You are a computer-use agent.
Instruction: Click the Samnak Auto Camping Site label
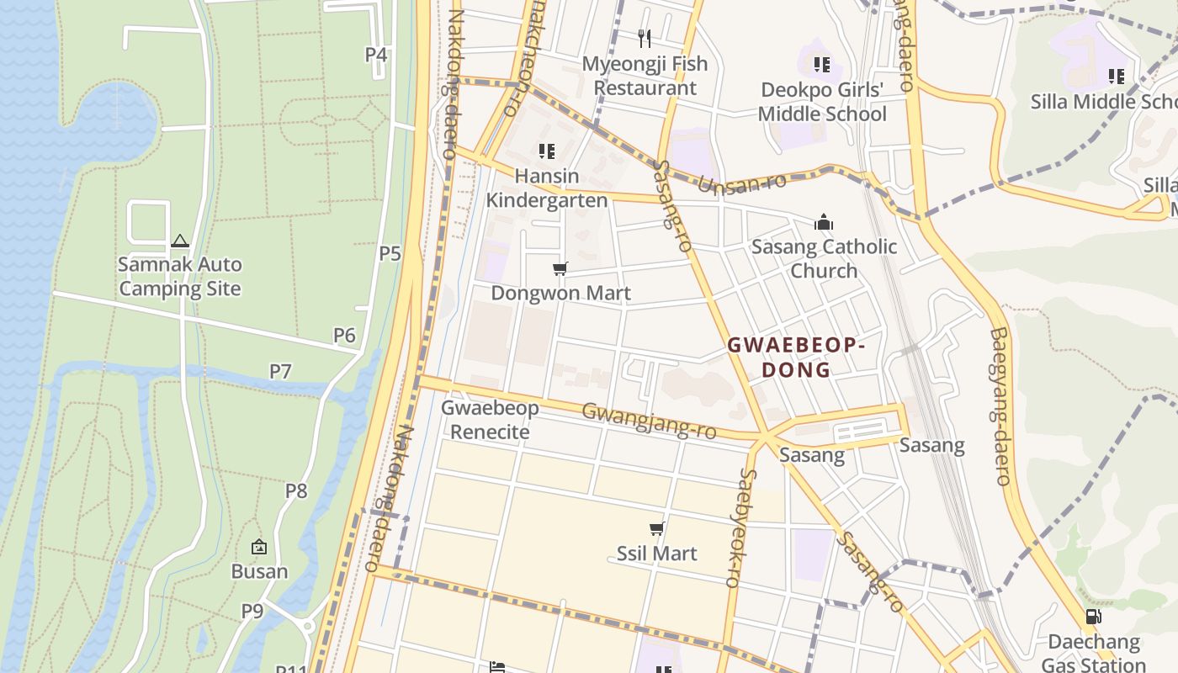(179, 277)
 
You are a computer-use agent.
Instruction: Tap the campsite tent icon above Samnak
(179, 241)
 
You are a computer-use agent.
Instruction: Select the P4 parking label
(375, 55)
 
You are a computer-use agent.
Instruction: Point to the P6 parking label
(344, 336)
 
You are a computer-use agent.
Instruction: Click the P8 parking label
(296, 490)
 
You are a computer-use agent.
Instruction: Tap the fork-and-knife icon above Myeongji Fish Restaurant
(645, 38)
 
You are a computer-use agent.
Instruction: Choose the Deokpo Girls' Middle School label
(822, 102)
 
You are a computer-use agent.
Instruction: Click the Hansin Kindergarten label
(547, 188)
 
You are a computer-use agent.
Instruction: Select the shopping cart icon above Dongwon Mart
(560, 268)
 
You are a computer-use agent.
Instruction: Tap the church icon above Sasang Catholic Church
(823, 222)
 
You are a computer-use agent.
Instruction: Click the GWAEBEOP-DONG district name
(796, 358)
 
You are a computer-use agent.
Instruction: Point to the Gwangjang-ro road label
(649, 420)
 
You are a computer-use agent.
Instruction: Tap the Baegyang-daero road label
(1000, 406)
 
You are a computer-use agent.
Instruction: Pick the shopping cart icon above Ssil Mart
(656, 528)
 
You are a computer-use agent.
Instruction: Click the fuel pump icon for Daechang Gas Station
(1093, 617)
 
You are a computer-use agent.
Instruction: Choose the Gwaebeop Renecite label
(490, 420)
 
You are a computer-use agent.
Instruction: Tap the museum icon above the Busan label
(259, 547)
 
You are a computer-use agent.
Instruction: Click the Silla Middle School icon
(1117, 77)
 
